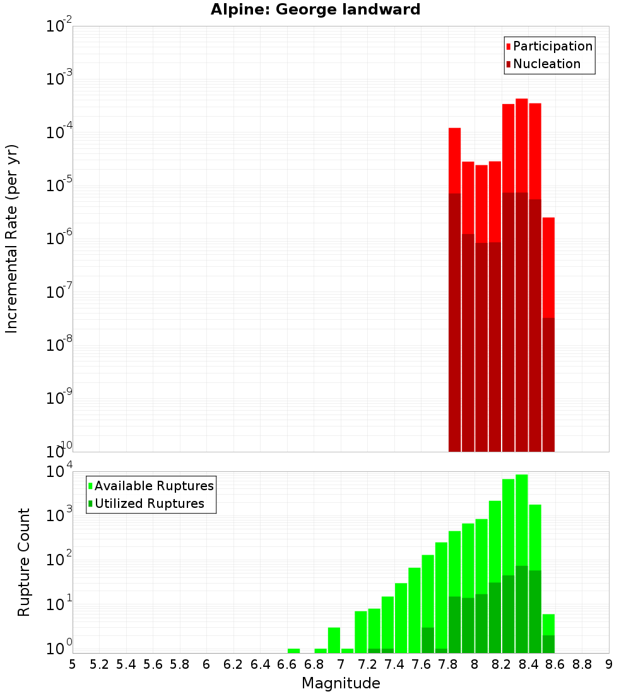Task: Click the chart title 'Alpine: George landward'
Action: pos(315,9)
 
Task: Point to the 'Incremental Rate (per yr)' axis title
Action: pos(12,238)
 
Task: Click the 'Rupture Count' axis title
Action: pos(24,562)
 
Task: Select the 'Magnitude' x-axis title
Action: pos(341,683)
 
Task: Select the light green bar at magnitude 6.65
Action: pos(293,650)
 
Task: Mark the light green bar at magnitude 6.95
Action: pos(334,640)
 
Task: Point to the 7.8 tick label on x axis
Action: pos(447,664)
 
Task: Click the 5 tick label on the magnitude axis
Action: pos(73,664)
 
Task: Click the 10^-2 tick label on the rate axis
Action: pos(59,26)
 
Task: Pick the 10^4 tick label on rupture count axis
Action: pos(59,472)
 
